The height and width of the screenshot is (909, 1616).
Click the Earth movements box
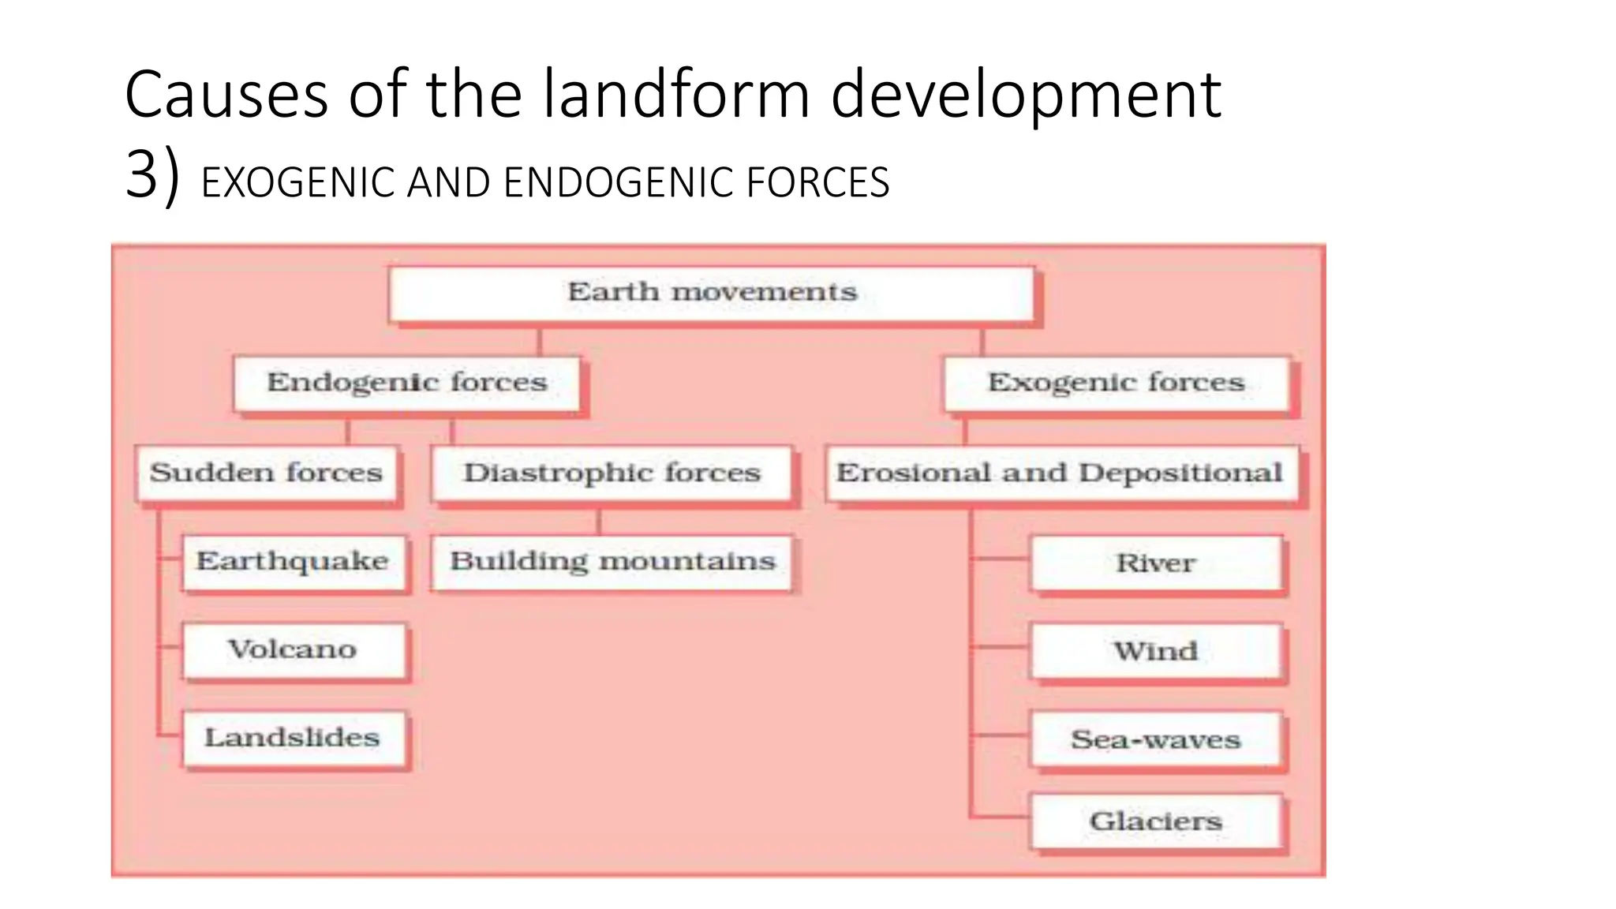pos(712,293)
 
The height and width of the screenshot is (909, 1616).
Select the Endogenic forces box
pos(407,383)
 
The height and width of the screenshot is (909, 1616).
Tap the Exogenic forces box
pos(1117,383)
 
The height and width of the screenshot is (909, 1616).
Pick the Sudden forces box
pos(267,473)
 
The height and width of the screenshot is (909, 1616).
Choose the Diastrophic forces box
pos(612,473)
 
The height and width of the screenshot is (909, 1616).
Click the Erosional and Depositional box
pos(1060,473)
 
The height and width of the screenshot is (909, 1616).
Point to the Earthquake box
pos(293,562)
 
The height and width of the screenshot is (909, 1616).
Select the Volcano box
pos(293,650)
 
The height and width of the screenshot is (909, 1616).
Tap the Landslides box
pos(293,739)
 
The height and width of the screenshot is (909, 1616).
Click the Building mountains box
pos(612,562)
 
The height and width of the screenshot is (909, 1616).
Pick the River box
pos(1156,563)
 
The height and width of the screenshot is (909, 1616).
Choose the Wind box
pos(1156,652)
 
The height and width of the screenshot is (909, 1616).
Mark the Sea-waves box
pos(1156,740)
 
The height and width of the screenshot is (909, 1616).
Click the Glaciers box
pos(1156,821)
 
